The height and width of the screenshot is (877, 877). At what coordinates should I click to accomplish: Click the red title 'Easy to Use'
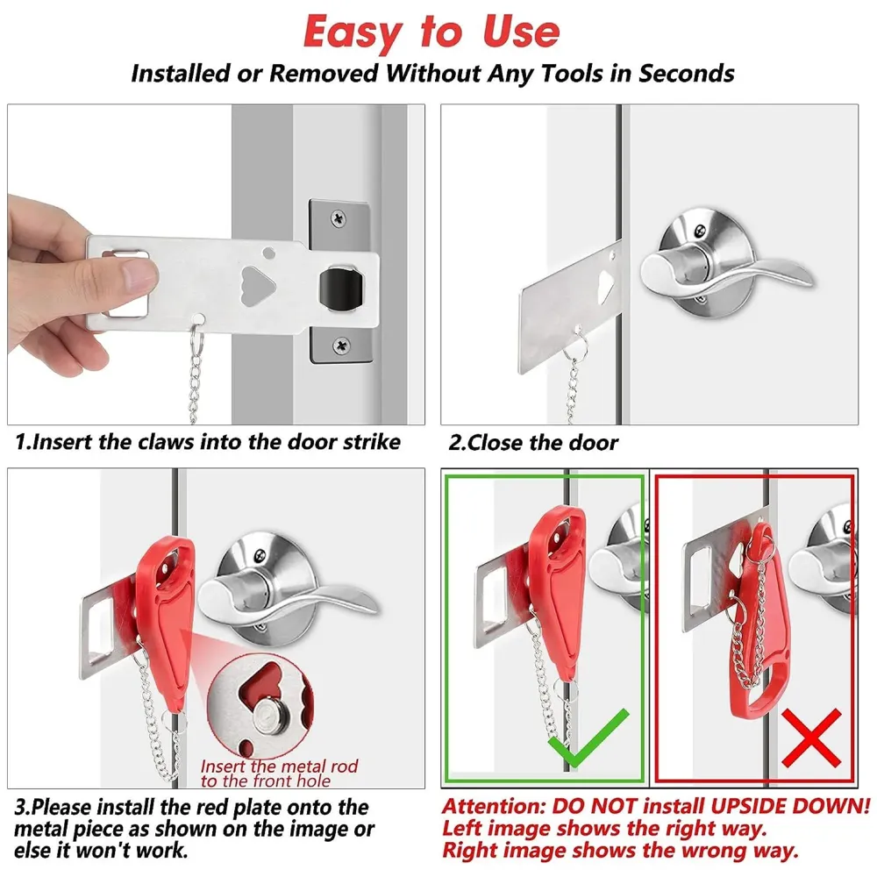[x=431, y=32]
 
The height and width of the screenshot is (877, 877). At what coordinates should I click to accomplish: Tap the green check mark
[x=587, y=738]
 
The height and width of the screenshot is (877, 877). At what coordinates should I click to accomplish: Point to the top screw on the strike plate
[x=339, y=213]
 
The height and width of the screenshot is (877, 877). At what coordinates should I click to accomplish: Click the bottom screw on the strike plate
[x=339, y=347]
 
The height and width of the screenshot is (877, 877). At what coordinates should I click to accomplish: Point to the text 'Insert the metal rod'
[x=279, y=766]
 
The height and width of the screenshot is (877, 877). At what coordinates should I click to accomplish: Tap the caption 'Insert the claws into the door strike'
[x=209, y=441]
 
